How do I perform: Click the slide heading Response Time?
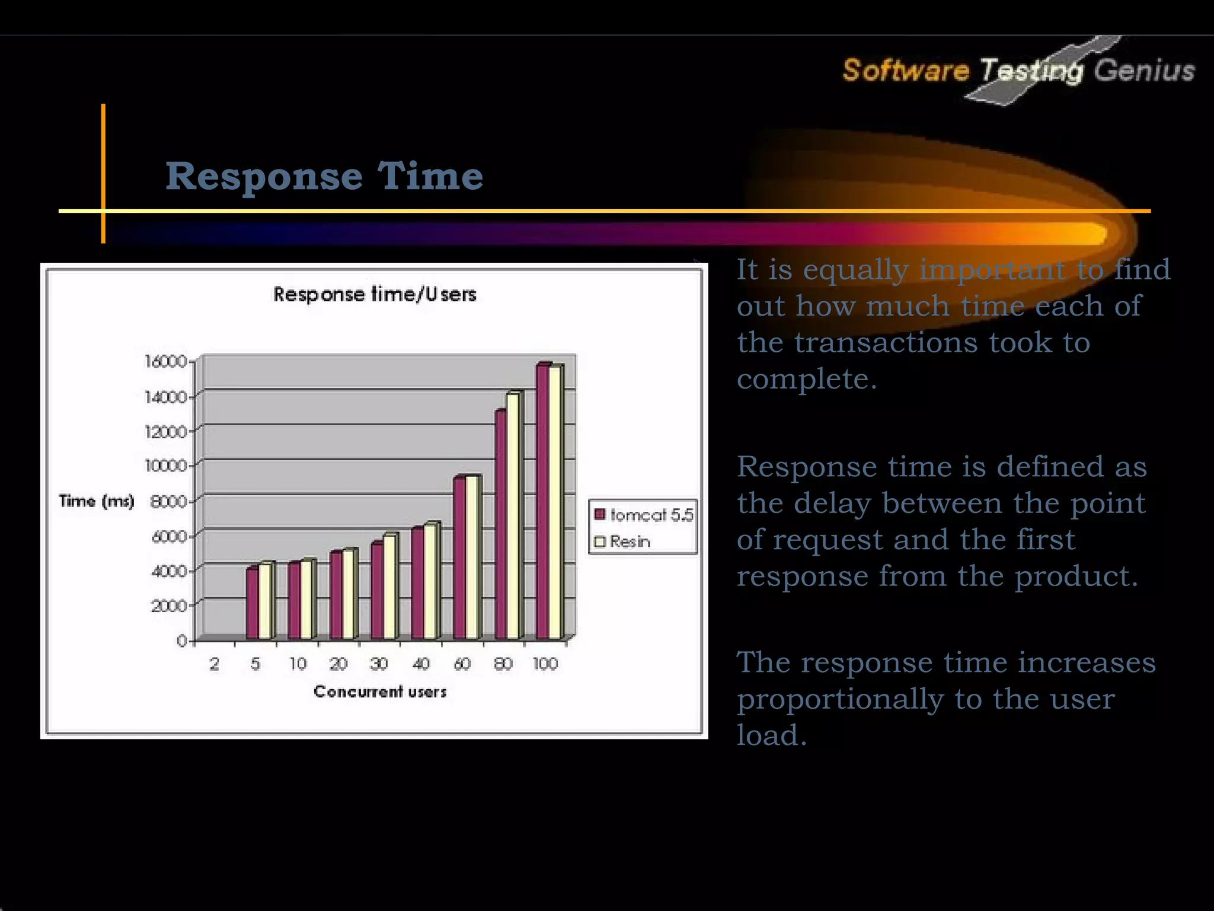tap(324, 176)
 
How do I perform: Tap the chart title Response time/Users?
tap(375, 294)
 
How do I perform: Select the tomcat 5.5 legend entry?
tap(644, 515)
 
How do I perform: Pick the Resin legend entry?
tap(622, 541)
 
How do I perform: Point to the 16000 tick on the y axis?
tap(166, 361)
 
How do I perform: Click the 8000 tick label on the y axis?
tap(168, 502)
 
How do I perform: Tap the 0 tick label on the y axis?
tap(182, 641)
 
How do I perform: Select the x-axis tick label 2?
tap(214, 664)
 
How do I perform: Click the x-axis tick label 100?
tap(545, 664)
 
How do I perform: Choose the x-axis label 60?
tap(462, 664)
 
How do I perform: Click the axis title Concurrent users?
tap(380, 692)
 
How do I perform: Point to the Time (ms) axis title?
tap(97, 502)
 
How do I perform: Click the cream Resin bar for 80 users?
tap(512, 516)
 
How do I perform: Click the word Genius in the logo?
tap(1143, 71)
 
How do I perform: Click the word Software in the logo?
tap(905, 71)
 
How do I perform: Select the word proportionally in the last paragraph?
tap(840, 699)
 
